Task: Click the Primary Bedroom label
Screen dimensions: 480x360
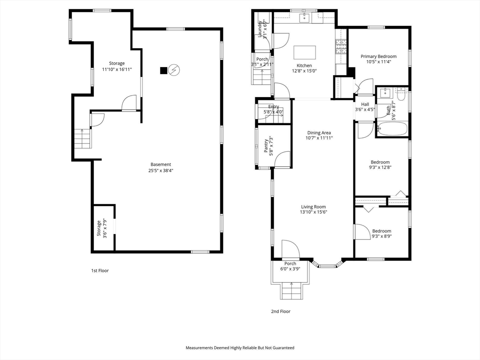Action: tap(378, 56)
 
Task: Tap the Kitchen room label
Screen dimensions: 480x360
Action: tap(304, 66)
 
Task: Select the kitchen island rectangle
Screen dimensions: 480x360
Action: tap(305, 52)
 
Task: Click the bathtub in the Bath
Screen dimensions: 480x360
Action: tap(392, 128)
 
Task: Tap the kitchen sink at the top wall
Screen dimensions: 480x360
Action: tap(305, 18)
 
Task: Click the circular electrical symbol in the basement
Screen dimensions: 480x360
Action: tap(174, 70)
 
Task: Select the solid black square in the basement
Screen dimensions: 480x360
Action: tap(164, 70)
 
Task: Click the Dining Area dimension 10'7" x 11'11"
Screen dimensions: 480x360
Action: tap(319, 138)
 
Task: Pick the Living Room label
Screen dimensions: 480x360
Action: tap(314, 207)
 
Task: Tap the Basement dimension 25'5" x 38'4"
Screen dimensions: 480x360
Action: tap(161, 171)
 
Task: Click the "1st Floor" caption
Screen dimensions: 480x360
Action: tap(100, 270)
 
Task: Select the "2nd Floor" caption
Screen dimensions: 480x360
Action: tap(281, 311)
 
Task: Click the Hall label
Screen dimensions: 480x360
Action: tap(365, 104)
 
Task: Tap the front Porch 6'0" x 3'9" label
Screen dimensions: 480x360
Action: tap(290, 266)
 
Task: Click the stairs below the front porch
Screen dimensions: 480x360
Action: tap(292, 291)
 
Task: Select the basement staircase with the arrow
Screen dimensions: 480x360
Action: tap(82, 139)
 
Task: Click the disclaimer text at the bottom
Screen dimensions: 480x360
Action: tap(240, 348)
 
